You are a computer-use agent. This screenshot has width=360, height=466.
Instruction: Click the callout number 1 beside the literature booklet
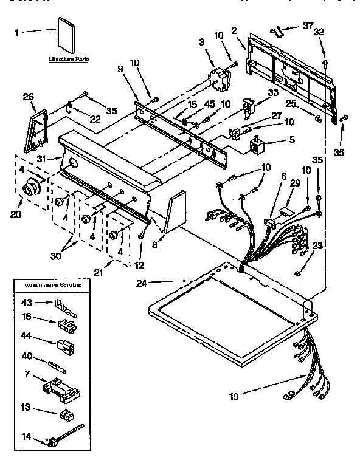(x=18, y=32)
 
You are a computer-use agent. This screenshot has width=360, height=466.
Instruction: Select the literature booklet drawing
(x=66, y=37)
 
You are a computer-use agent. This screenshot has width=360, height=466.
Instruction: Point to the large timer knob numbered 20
(x=29, y=190)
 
